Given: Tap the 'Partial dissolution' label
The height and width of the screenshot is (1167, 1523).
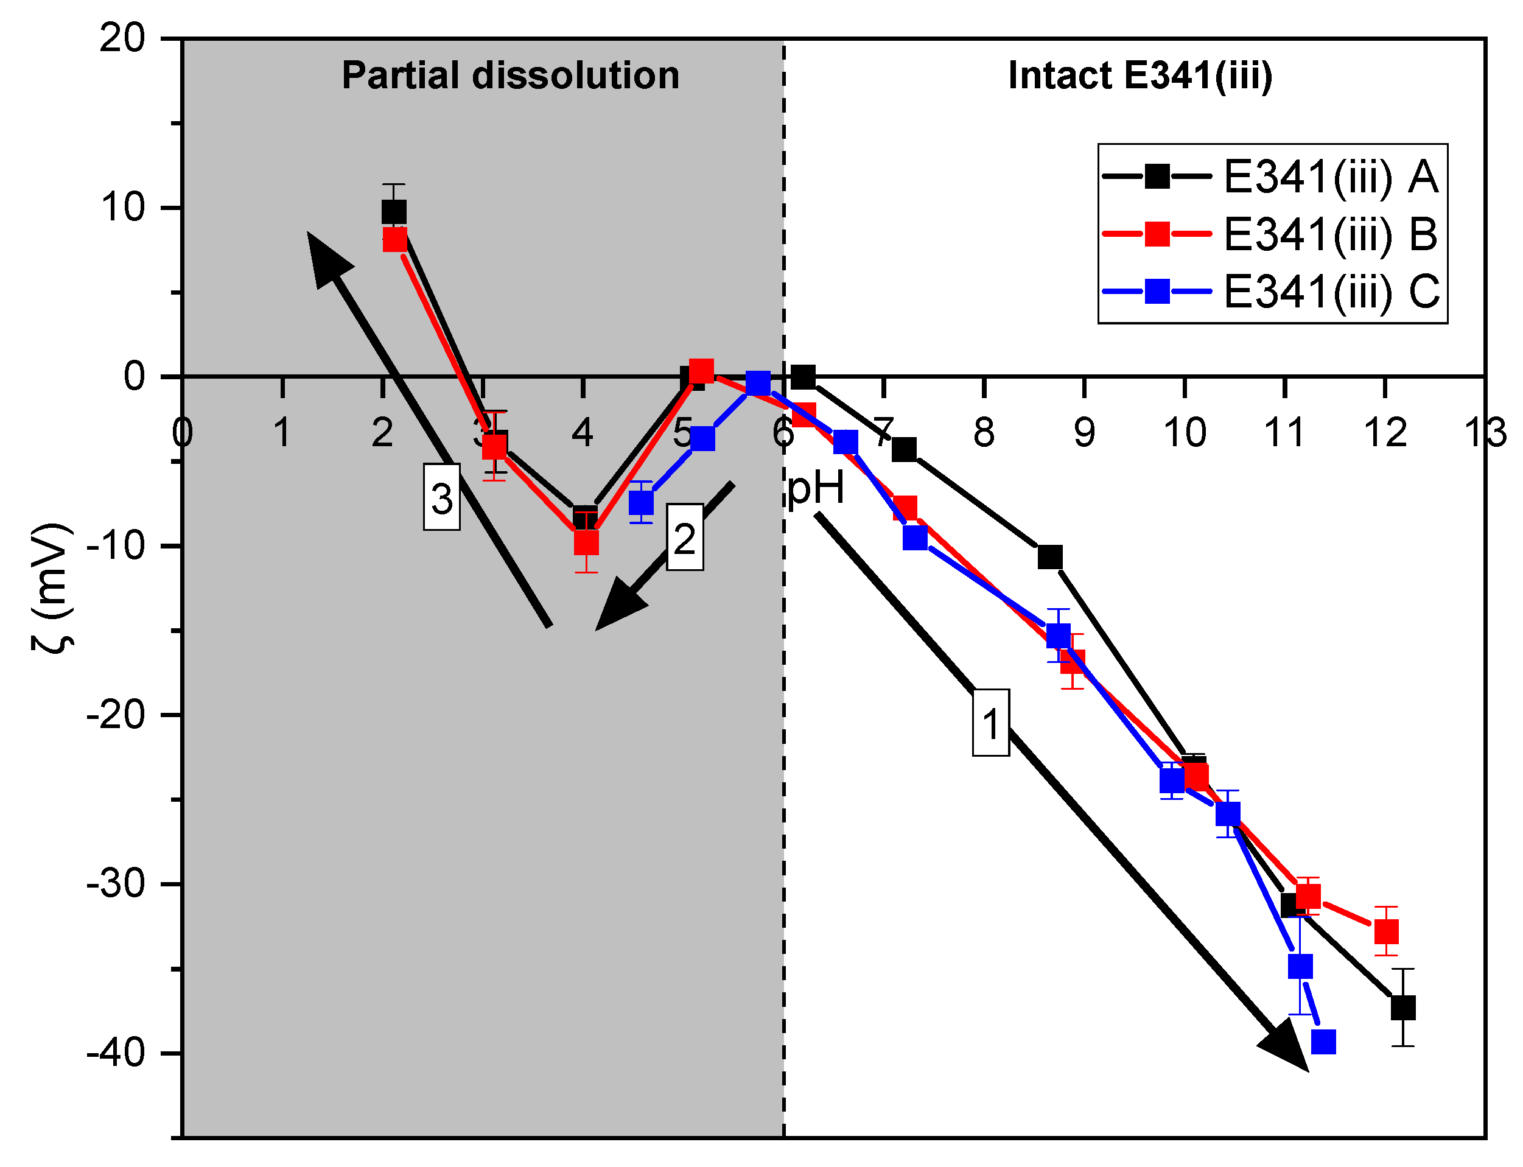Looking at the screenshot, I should click(x=511, y=75).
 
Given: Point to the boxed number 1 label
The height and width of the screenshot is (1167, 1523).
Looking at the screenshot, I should click(x=990, y=723).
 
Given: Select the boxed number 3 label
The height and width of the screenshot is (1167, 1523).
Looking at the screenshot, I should click(x=442, y=498).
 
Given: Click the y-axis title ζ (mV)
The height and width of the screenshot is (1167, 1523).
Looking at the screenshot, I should click(x=52, y=587).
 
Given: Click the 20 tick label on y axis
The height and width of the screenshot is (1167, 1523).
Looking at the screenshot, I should click(x=122, y=38).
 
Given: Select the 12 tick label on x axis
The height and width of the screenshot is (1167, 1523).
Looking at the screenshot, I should click(x=1385, y=433).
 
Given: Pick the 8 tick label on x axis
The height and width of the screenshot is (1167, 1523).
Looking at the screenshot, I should click(x=984, y=433).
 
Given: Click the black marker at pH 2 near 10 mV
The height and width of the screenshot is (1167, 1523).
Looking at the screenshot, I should click(x=394, y=212).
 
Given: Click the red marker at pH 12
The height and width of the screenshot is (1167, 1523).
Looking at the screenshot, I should click(x=1386, y=931).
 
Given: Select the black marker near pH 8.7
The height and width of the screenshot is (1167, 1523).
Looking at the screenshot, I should click(x=1050, y=556).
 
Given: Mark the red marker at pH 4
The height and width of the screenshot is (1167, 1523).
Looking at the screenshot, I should click(x=586, y=542).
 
